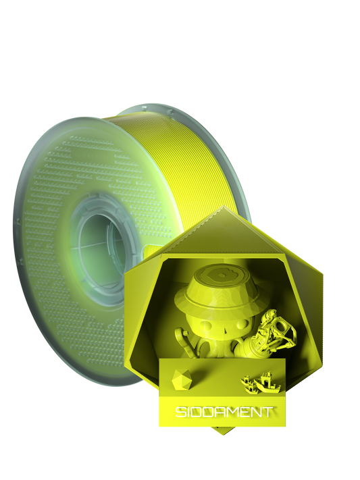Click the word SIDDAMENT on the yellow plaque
[224, 411]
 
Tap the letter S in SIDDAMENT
[180, 412]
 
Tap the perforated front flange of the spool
[54, 203]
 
